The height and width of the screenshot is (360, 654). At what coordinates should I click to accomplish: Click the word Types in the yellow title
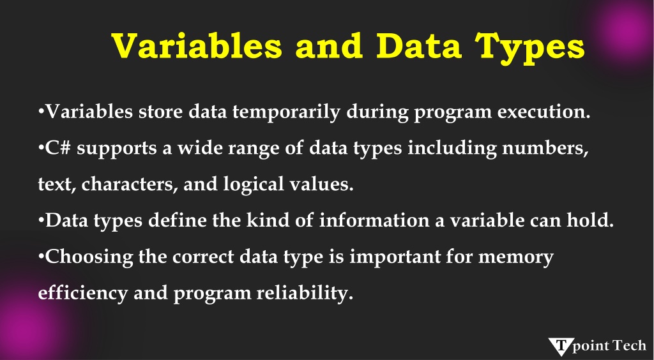(x=529, y=47)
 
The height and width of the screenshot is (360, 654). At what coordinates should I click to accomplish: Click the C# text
(x=58, y=148)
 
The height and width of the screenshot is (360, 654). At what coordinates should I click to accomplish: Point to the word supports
(x=117, y=149)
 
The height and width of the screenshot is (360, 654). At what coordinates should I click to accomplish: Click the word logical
(x=254, y=184)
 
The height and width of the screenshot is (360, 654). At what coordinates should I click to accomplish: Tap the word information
(x=374, y=220)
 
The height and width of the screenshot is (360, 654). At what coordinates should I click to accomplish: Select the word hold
(x=590, y=220)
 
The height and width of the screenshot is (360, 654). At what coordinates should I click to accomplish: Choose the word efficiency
(x=82, y=293)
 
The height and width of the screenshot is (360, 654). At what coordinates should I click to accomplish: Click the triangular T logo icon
(x=561, y=346)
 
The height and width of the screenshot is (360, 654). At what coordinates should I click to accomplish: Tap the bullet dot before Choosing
(x=41, y=256)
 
